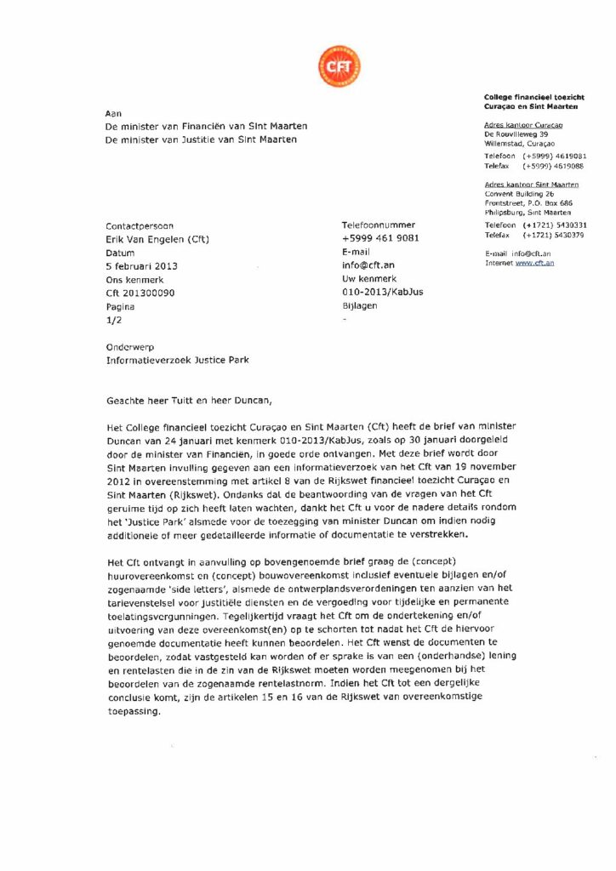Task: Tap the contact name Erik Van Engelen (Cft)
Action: [157, 239]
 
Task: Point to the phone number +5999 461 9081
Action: [380, 239]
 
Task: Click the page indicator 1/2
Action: [112, 318]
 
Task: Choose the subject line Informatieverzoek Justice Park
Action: [178, 360]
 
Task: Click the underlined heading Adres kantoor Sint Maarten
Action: [531, 185]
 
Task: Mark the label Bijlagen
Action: [358, 305]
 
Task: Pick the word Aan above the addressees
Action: [112, 112]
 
